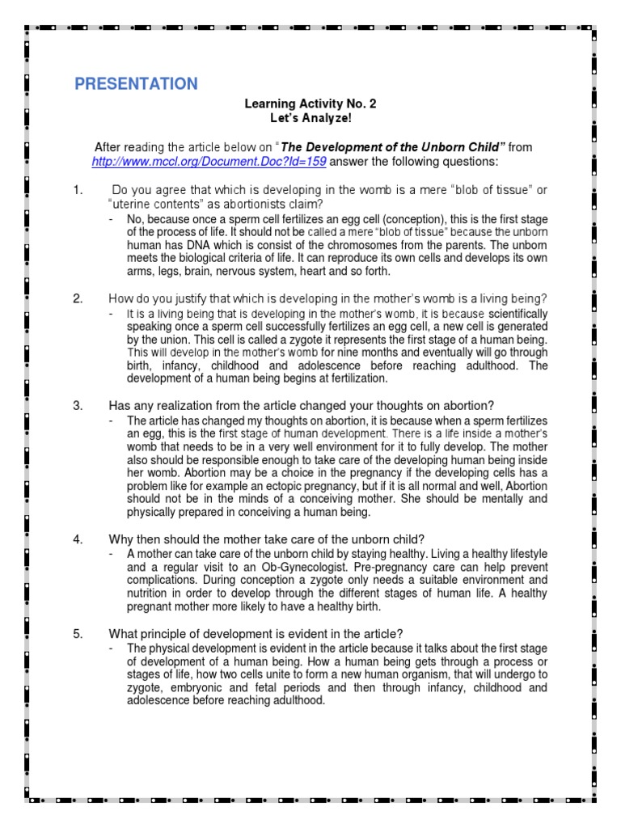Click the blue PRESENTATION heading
pos(136,84)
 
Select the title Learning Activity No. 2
pos(310,104)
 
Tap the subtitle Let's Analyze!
pos(310,118)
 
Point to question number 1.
pos(78,190)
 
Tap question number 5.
pos(78,634)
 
